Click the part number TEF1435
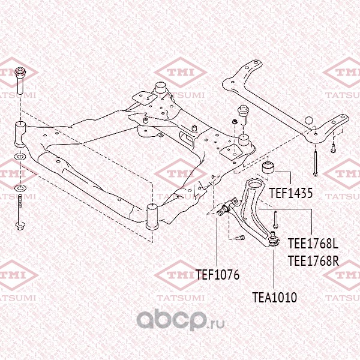(x=290, y=193)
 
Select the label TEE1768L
(x=313, y=244)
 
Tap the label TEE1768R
(x=313, y=261)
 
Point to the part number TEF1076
(x=217, y=275)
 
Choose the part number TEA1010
(x=274, y=298)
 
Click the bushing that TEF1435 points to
(x=268, y=168)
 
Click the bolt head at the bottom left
(x=20, y=226)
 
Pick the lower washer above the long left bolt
(x=20, y=189)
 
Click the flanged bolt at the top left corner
(x=20, y=80)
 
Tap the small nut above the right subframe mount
(x=235, y=121)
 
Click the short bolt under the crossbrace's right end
(x=333, y=148)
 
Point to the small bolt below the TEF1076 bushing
(x=241, y=238)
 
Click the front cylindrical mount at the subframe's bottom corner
(x=152, y=217)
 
